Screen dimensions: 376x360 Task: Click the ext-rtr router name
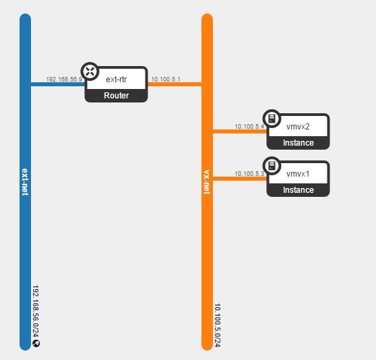[x=117, y=79]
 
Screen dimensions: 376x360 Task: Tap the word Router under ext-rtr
[x=117, y=96]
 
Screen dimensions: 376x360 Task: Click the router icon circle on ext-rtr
[x=90, y=71]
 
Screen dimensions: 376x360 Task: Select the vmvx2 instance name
[x=298, y=126]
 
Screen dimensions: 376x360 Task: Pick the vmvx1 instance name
[x=298, y=174]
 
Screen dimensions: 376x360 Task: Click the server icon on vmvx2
[x=272, y=119]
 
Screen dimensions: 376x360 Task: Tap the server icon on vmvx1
[x=272, y=166]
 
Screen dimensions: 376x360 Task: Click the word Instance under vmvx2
[x=299, y=143]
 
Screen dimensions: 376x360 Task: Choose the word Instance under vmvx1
[x=299, y=190]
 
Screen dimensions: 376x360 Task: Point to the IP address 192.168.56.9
[x=64, y=79]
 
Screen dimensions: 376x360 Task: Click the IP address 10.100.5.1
[x=166, y=79]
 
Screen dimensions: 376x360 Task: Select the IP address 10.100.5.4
[x=249, y=126]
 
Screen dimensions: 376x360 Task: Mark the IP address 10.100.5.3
[x=249, y=174]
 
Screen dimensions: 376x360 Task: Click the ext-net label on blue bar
[x=25, y=182]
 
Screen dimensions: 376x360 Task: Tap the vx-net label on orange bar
[x=207, y=182]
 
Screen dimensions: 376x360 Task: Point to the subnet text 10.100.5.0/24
[x=217, y=325]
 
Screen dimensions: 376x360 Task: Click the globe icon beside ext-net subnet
[x=36, y=343]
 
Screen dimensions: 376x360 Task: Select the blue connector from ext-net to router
[x=58, y=84]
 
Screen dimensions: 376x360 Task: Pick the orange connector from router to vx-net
[x=175, y=84]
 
